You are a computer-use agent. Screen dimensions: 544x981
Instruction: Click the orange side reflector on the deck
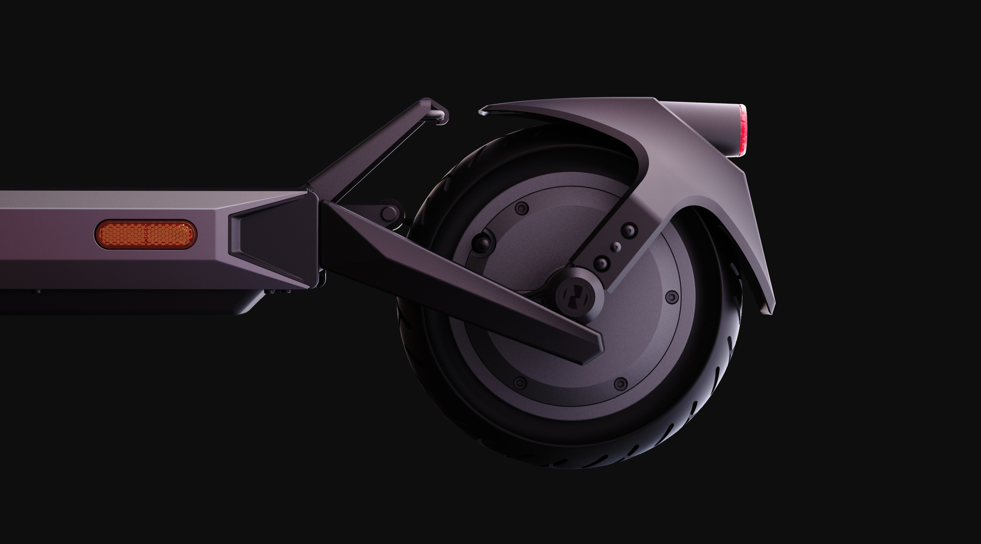[x=146, y=235]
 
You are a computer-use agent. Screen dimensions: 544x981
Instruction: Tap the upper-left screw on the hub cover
[x=521, y=206]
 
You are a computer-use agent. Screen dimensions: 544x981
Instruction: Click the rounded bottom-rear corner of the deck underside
[x=251, y=308]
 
